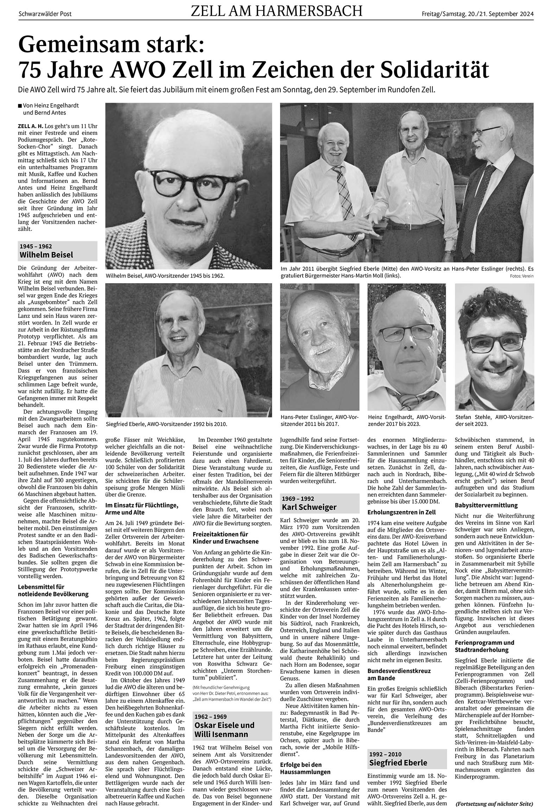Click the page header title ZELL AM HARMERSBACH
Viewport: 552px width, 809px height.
276,12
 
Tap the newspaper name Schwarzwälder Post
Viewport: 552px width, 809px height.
45,14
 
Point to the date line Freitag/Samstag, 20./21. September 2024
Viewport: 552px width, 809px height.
478,14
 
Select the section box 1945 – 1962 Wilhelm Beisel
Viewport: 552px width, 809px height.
58,251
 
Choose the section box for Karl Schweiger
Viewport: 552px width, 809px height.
320,503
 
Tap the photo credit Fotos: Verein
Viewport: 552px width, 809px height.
521,276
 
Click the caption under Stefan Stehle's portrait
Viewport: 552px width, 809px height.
494,420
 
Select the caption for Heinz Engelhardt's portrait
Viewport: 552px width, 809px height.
406,420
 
